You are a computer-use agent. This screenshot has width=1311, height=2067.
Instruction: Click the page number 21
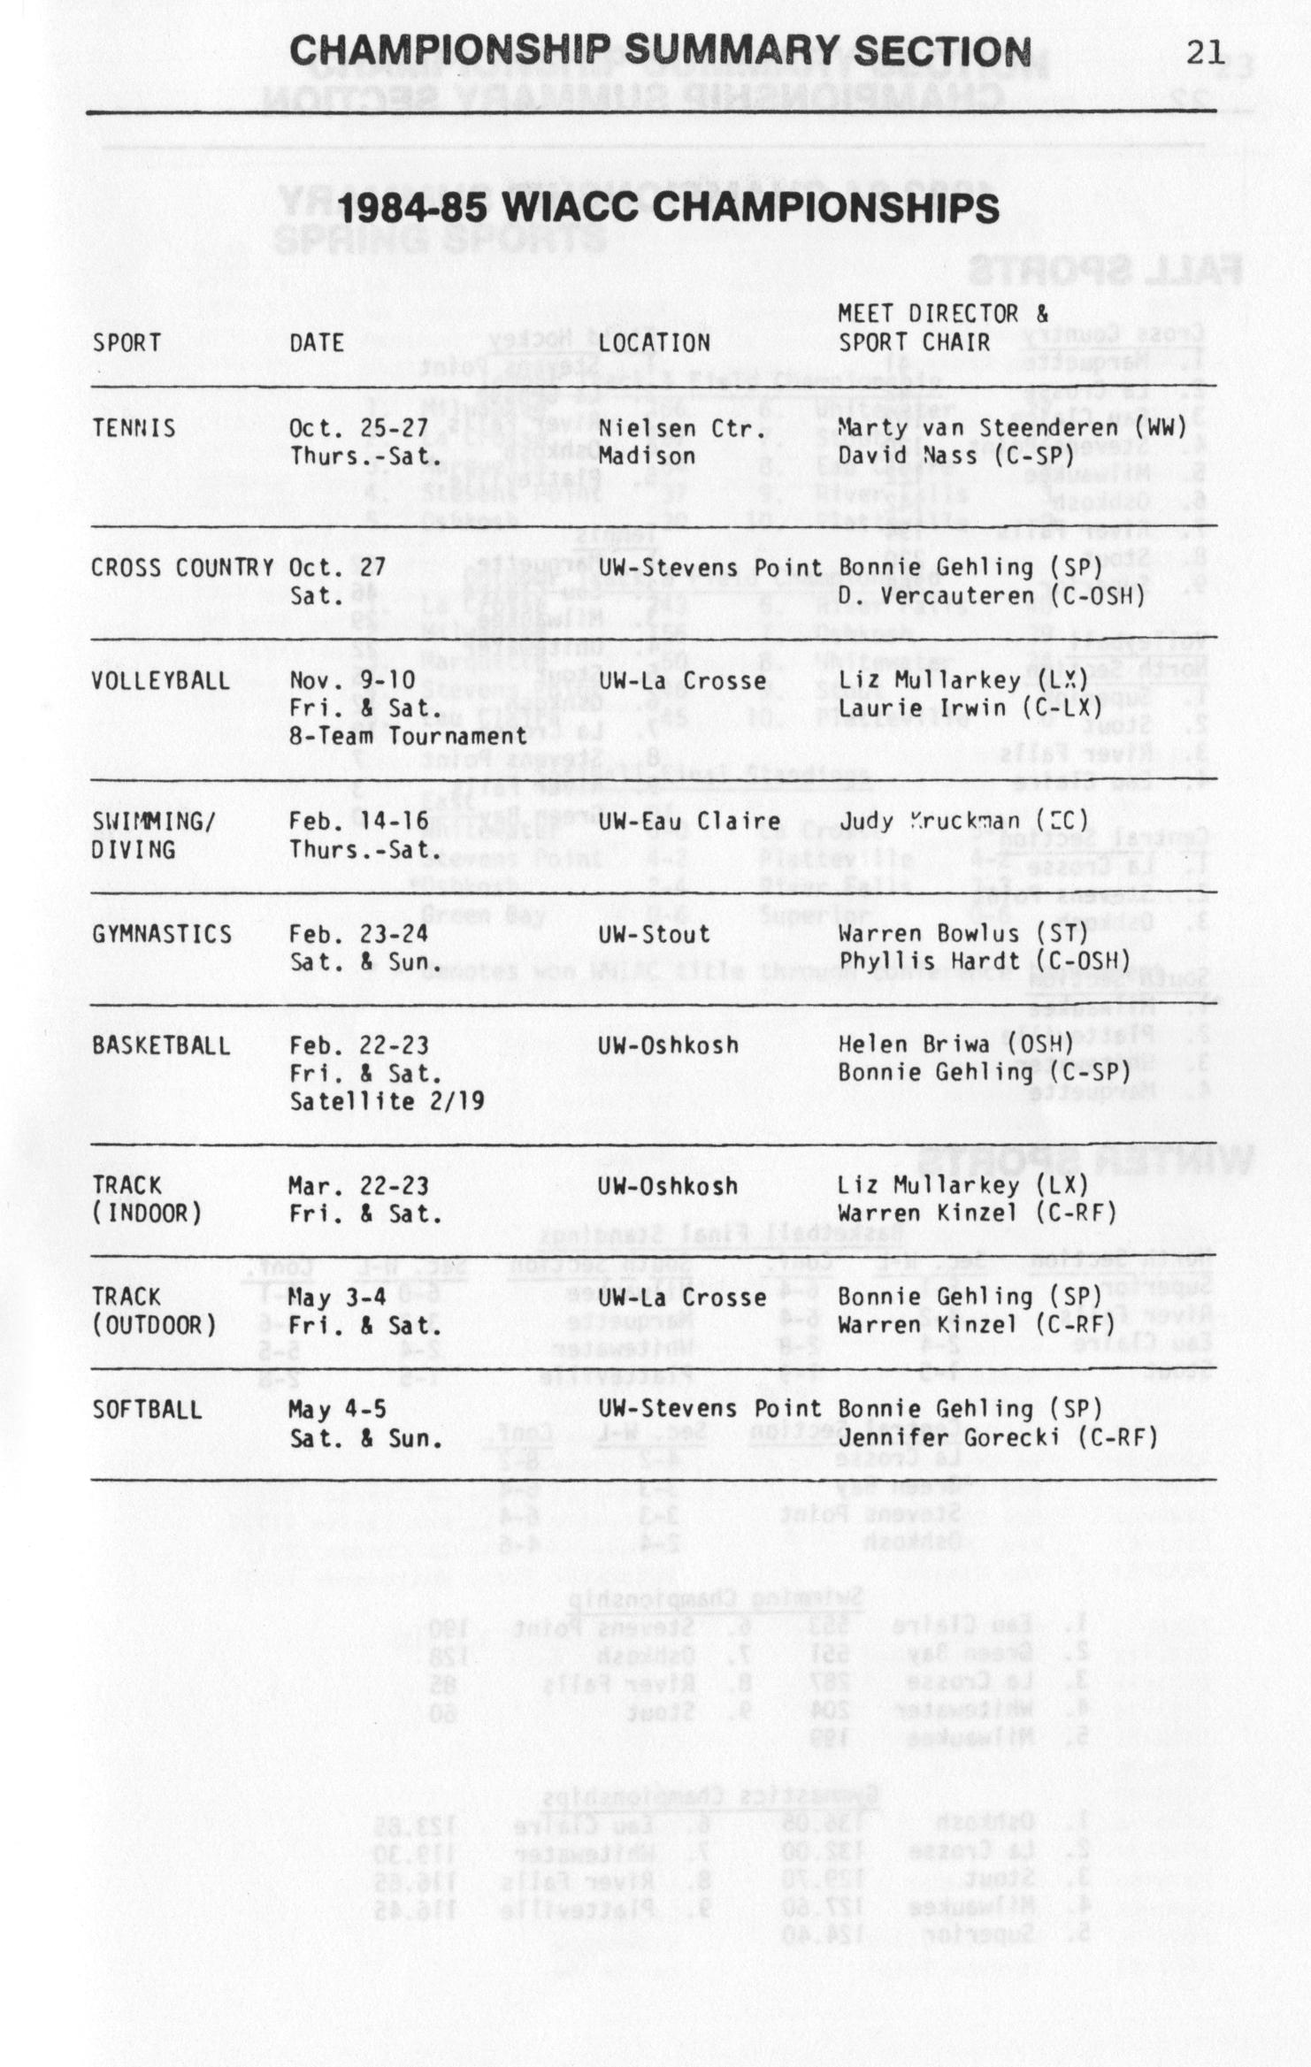1205,53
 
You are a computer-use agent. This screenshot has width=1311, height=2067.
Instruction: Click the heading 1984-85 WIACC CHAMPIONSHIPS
669,209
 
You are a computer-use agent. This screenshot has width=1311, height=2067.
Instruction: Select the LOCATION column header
654,342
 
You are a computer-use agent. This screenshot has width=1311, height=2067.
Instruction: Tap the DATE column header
317,342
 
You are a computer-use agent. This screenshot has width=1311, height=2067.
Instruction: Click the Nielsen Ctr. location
681,428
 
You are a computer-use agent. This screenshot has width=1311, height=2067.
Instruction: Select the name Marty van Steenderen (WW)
1012,428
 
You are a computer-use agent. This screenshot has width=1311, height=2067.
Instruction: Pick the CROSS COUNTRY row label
182,568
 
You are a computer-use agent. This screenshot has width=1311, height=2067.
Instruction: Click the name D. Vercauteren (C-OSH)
992,596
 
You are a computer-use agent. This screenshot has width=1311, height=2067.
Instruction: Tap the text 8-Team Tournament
408,736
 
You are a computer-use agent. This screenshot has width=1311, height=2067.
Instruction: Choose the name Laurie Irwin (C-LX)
971,708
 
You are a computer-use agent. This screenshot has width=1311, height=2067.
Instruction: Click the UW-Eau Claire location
689,822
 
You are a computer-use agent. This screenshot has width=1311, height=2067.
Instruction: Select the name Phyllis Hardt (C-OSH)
985,961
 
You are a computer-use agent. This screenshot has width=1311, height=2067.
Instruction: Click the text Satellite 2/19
387,1101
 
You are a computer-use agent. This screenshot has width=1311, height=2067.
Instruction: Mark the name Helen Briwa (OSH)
956,1045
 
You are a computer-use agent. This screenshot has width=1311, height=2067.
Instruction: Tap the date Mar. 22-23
358,1185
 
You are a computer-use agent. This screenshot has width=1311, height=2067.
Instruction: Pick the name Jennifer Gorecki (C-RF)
998,1437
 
